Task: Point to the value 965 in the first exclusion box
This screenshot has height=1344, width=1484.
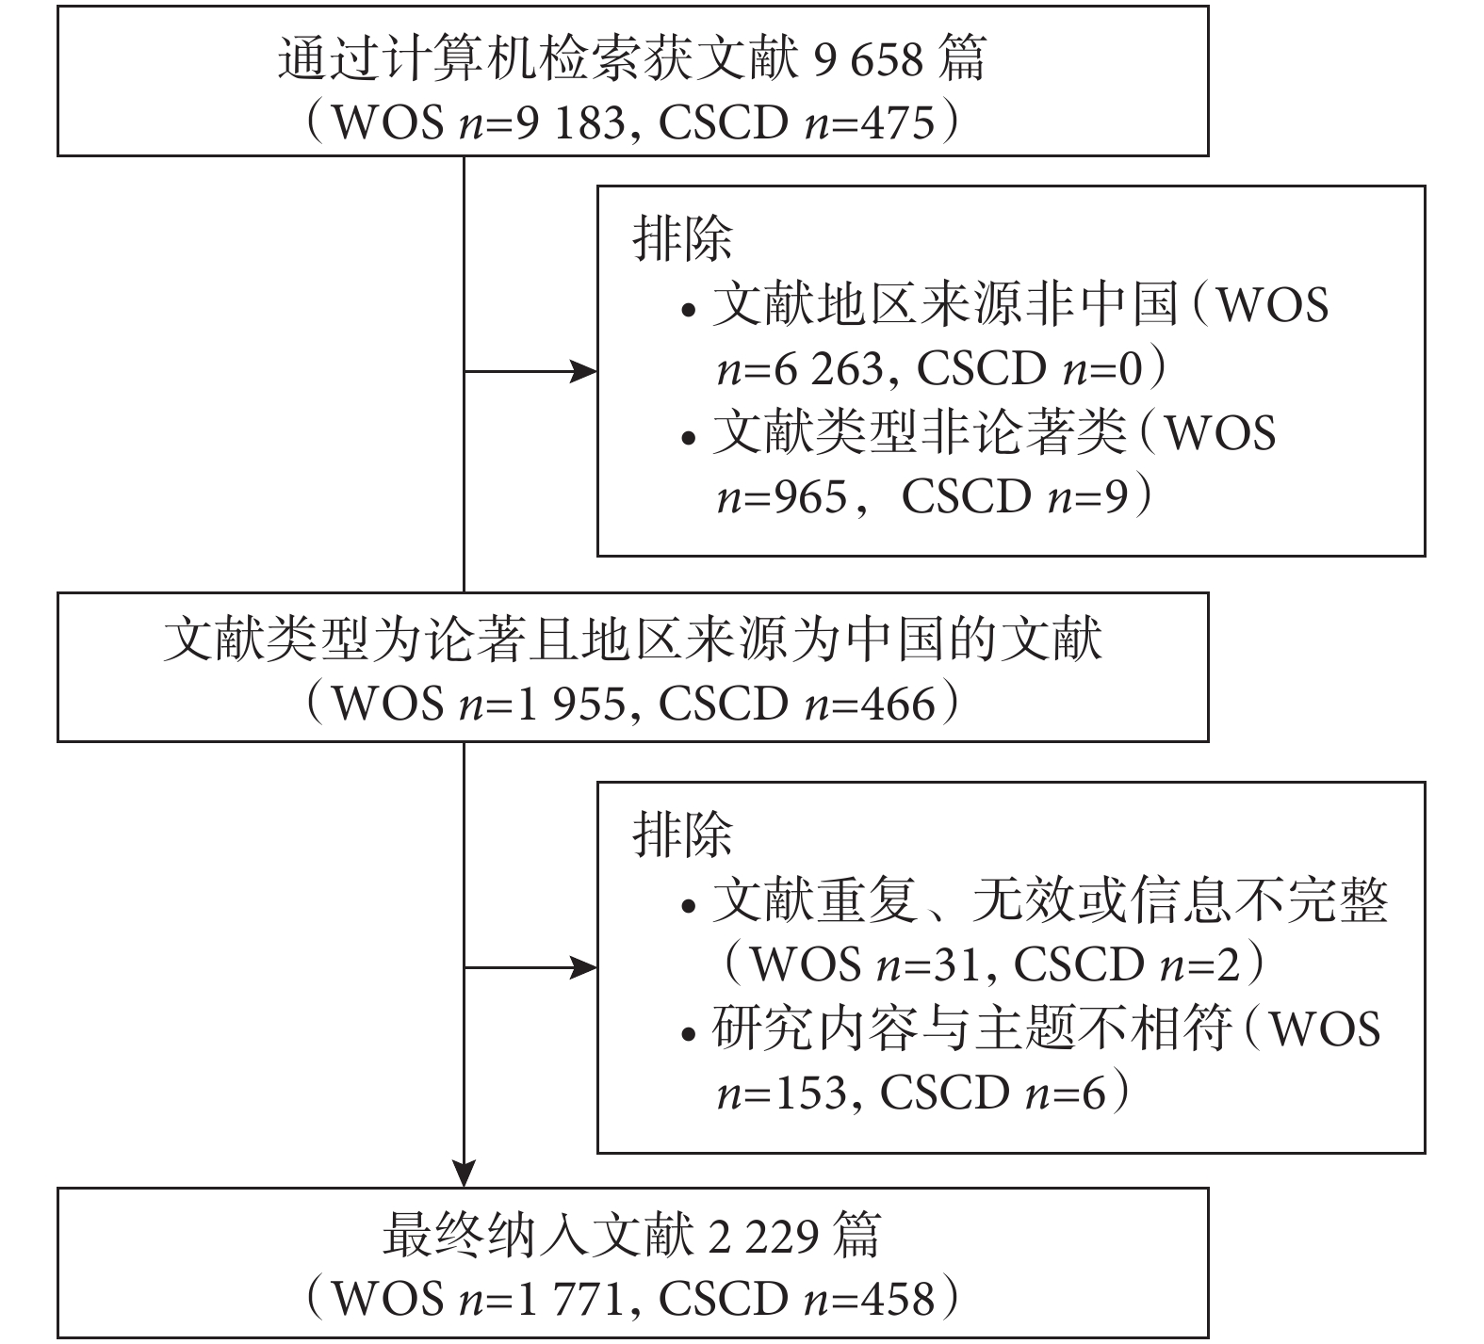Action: [815, 496]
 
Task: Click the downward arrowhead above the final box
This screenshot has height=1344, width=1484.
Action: [465, 1172]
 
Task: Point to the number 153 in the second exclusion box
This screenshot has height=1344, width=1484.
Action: [815, 1093]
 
